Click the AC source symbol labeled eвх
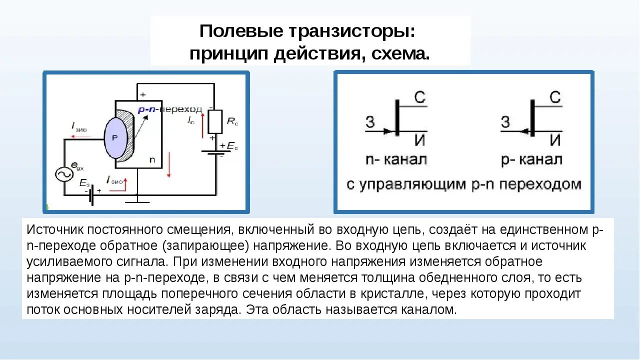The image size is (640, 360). click(64, 173)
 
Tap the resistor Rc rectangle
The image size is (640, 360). click(215, 121)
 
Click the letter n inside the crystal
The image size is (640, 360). click(152, 160)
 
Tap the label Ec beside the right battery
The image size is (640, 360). click(232, 146)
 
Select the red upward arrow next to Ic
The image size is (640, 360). click(202, 125)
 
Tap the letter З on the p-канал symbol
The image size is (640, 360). click(505, 121)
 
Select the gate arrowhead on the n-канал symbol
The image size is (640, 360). click(388, 131)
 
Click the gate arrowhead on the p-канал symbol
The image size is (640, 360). click(523, 131)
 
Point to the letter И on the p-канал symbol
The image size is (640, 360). click(555, 140)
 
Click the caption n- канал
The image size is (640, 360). click(396, 160)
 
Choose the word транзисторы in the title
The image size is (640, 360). click(350, 31)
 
